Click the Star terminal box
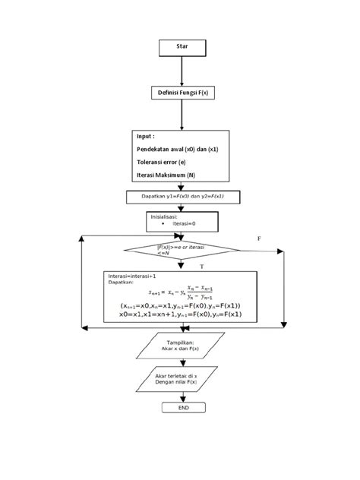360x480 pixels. (x=182, y=47)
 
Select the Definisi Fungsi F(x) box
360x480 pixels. (x=182, y=93)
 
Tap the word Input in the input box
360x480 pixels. (x=146, y=136)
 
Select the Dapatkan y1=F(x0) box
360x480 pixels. (x=182, y=196)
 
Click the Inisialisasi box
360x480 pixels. (x=182, y=220)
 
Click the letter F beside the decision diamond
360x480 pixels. (x=258, y=238)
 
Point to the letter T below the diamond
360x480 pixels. (x=201, y=267)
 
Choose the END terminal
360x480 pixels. (x=182, y=408)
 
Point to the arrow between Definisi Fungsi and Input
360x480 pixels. (x=182, y=115)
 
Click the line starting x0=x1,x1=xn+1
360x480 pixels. (x=181, y=314)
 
